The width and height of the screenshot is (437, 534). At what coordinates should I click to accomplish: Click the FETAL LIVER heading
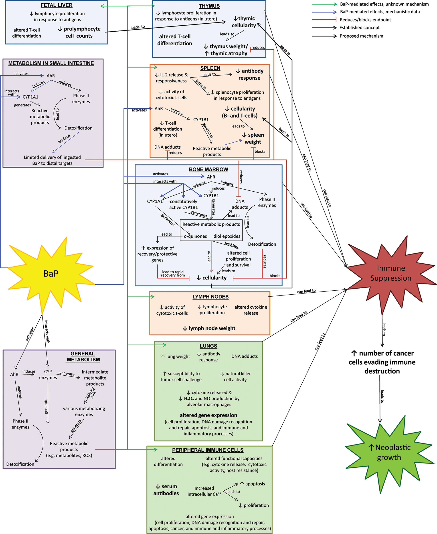[x=57, y=5]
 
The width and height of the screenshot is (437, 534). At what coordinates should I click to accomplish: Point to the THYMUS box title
[x=209, y=6]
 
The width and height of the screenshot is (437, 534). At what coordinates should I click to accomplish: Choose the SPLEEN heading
[x=210, y=68]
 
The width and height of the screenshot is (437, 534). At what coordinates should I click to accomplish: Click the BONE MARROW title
[x=208, y=170]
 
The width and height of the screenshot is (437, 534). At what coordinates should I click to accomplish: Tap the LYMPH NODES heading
[x=210, y=297]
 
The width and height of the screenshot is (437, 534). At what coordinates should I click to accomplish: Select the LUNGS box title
[x=208, y=346]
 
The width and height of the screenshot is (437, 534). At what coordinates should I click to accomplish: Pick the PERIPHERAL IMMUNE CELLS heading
[x=208, y=450]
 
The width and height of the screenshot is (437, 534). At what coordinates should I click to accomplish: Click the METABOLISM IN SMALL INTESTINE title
[x=51, y=63]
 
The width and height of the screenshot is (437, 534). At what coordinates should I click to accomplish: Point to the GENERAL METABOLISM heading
[x=83, y=356]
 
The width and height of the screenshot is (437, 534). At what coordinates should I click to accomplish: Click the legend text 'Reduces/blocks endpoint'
[x=365, y=20]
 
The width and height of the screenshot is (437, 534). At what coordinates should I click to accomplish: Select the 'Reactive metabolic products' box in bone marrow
[x=211, y=230]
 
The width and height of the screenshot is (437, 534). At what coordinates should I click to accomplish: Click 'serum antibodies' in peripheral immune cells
[x=166, y=490]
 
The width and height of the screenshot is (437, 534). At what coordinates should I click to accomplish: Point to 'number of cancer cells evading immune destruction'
[x=382, y=362]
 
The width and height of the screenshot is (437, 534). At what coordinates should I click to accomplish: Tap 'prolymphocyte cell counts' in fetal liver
[x=79, y=32]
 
